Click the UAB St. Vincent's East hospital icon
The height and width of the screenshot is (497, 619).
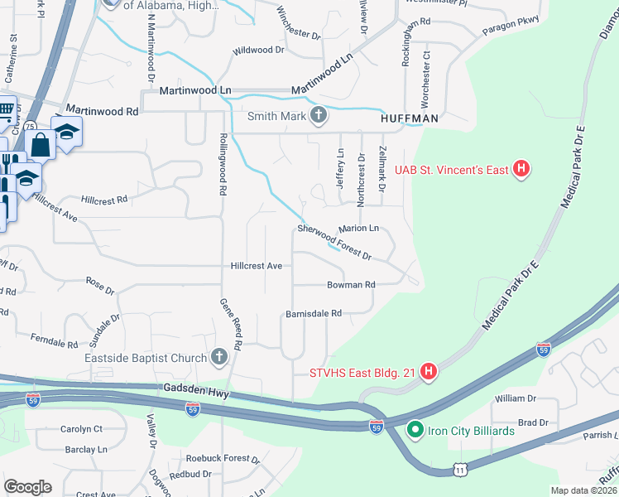pyautogui.click(x=521, y=170)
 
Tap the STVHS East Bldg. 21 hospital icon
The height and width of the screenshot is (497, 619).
pyautogui.click(x=429, y=372)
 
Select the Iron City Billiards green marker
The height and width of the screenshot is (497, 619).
pyautogui.click(x=415, y=430)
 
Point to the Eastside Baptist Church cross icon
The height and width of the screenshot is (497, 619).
pyautogui.click(x=218, y=358)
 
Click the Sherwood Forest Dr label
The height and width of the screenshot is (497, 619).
pyautogui.click(x=334, y=241)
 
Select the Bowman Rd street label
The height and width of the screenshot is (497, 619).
pyautogui.click(x=351, y=284)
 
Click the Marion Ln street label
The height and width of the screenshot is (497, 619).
pyautogui.click(x=358, y=228)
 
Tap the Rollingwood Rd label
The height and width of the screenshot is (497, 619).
pyautogui.click(x=223, y=164)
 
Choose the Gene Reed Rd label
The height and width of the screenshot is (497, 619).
pyautogui.click(x=229, y=322)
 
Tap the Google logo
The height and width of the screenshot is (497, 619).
pyautogui.click(x=28, y=486)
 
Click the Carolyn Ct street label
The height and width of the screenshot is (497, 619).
pyautogui.click(x=81, y=429)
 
